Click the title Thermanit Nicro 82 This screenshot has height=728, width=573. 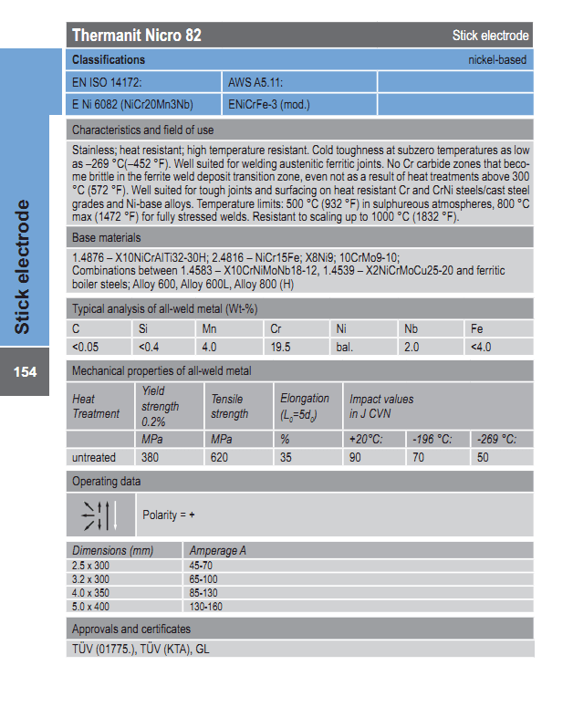[137, 36]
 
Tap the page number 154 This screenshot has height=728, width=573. [25, 372]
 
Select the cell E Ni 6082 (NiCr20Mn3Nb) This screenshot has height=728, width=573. [132, 104]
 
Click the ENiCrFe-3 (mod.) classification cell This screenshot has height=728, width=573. [269, 104]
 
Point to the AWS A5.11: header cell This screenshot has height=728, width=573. [255, 82]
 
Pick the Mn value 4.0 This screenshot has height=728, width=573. [209, 347]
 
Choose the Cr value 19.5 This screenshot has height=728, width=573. [280, 347]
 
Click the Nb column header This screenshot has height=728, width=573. [412, 328]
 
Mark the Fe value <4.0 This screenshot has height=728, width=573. [481, 347]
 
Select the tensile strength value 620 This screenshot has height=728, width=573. [220, 457]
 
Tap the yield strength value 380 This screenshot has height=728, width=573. [151, 457]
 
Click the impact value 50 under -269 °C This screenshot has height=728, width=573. [483, 457]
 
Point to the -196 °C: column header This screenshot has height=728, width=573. [432, 439]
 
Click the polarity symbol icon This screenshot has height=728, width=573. [100, 515]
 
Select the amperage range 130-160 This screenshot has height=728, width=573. [205, 606]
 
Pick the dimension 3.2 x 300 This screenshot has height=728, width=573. [91, 578]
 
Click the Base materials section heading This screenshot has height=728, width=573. [107, 237]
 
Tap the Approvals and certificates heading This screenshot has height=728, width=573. [131, 629]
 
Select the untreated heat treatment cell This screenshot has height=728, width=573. [94, 457]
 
